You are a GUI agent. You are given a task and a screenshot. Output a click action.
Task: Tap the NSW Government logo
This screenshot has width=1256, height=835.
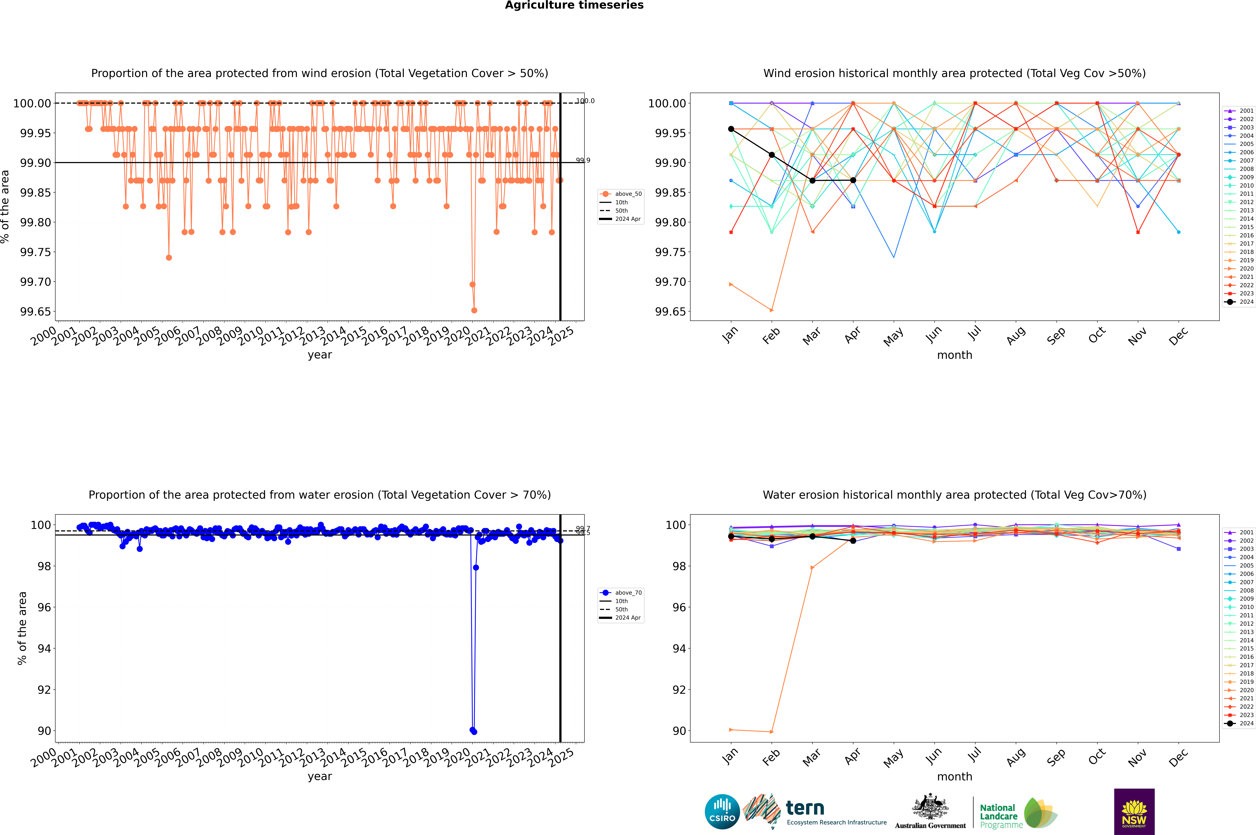(1134, 812)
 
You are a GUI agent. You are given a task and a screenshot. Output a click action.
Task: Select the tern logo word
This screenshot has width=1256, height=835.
(805, 808)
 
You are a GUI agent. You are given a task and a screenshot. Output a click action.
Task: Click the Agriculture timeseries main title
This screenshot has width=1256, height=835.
(574, 5)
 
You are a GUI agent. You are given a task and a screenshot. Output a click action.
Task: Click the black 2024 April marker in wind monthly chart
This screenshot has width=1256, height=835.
(853, 181)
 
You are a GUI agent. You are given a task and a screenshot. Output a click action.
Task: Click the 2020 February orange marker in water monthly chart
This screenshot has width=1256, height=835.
(771, 732)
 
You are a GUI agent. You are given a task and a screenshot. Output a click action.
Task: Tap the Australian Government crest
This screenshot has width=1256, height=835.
(930, 808)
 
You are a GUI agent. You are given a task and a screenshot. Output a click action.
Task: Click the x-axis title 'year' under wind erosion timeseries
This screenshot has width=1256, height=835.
(319, 355)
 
